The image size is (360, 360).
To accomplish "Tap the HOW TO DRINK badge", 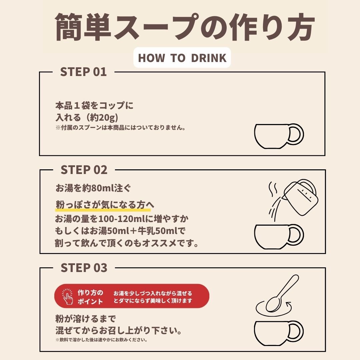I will point(182,58).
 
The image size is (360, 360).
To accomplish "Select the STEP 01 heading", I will point(83,72).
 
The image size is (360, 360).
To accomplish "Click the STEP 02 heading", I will point(84,170).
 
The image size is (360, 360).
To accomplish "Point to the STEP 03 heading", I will point(84,268).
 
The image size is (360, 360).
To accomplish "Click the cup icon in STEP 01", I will point(279,136).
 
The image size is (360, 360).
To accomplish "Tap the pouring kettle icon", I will point(300,197).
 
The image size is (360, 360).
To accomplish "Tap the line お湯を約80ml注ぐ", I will point(93,188).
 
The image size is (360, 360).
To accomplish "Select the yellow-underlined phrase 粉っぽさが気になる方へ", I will point(103,205).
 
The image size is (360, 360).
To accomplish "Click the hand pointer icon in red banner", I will point(67,296).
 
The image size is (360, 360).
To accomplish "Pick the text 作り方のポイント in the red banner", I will point(90,297).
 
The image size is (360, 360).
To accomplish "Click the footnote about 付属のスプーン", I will point(120,128).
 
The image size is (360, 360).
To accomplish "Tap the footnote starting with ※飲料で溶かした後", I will point(101,340).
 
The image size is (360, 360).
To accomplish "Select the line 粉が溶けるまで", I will point(85,319).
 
